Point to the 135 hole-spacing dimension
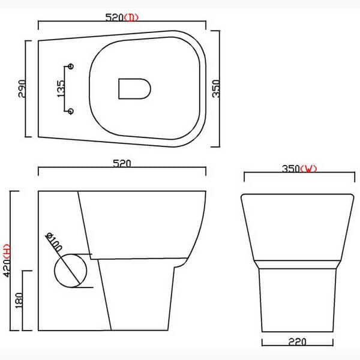tap(60, 88)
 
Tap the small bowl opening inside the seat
tap(133, 88)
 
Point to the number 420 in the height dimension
tap(8, 269)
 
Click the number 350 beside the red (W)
tap(290, 169)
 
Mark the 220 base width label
tap(298, 342)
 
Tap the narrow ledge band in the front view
tap(298, 263)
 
